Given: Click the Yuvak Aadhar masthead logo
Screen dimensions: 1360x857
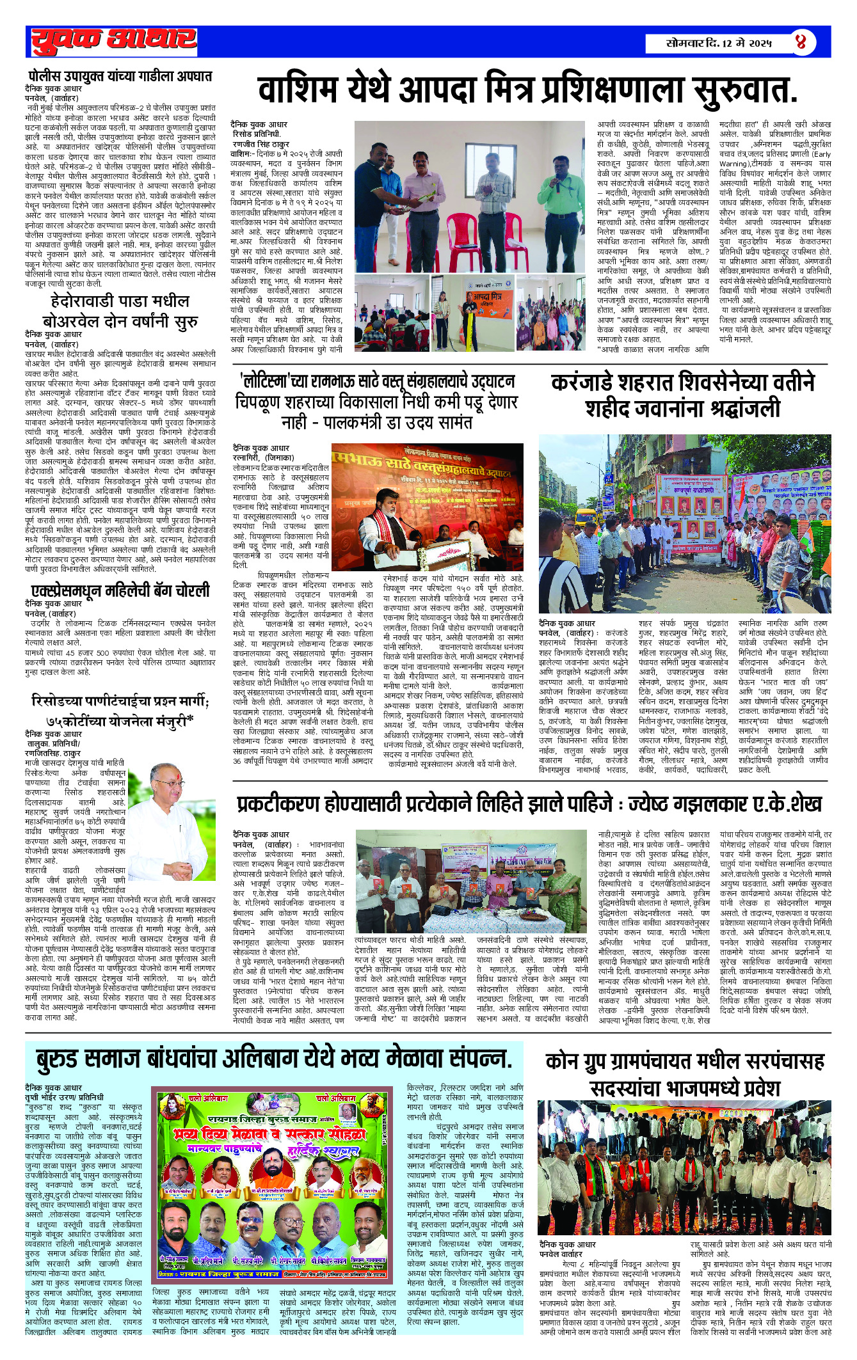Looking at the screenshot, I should coord(114,42).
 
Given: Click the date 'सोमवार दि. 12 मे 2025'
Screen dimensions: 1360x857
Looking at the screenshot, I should coord(719,43).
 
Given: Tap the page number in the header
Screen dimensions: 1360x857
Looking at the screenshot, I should coord(801,43).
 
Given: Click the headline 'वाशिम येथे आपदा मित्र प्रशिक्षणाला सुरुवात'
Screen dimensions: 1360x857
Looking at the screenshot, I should coord(527,90).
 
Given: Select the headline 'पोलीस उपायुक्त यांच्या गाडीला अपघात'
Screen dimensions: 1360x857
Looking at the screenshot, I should coord(120,76).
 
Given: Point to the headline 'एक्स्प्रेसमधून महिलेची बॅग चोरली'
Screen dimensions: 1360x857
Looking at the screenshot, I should coord(120,590).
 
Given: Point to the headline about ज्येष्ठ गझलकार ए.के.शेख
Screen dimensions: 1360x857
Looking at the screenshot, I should coord(529,804).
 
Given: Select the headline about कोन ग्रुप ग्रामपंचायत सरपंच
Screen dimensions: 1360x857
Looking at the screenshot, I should coord(684,1074).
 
